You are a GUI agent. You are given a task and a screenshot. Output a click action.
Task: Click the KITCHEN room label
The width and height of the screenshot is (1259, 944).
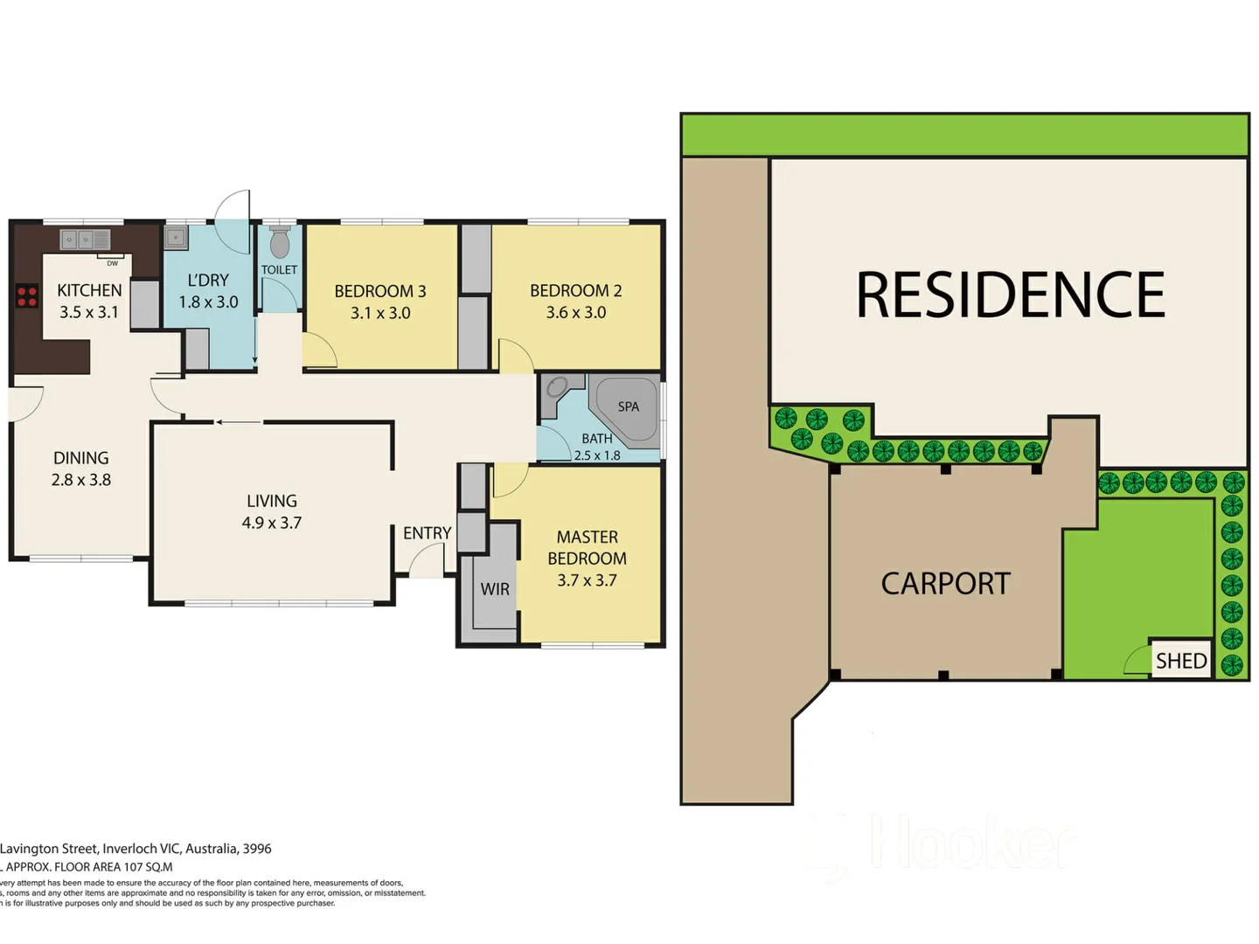pos(89,290)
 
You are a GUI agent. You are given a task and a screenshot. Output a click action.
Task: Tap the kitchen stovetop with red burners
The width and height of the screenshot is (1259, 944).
pos(27,296)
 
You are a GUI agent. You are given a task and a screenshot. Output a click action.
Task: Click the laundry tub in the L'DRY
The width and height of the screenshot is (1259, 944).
pos(176,237)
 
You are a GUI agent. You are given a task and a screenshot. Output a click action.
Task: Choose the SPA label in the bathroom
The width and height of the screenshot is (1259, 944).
pos(628,406)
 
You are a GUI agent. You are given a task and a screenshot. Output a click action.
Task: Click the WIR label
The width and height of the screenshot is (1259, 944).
pos(495,589)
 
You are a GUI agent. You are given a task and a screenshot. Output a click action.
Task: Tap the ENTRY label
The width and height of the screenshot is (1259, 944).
pos(427,533)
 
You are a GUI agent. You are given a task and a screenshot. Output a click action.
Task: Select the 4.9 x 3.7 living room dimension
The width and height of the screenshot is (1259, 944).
pos(272,523)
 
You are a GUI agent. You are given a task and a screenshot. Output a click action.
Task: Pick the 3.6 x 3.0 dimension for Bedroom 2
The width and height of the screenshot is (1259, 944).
pos(576,312)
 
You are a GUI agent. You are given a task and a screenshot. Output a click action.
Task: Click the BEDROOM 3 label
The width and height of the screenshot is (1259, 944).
pos(380,291)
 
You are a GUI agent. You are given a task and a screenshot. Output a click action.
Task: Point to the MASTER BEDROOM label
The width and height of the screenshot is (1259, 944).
pos(588,547)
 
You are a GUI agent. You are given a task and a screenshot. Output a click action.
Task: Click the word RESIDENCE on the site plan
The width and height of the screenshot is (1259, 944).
pos(1010,295)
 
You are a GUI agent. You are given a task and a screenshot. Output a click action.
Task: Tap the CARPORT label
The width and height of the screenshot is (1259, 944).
pos(945,584)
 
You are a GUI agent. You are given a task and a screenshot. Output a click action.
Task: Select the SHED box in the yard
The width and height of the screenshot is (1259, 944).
pos(1180,660)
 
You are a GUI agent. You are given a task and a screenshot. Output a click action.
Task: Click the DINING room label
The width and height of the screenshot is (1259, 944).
pos(81,458)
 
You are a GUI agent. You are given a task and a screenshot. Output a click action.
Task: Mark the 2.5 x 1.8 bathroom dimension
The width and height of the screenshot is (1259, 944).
pos(597,455)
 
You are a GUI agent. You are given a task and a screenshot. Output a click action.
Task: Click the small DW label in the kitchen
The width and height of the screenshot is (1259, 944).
pos(112,263)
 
